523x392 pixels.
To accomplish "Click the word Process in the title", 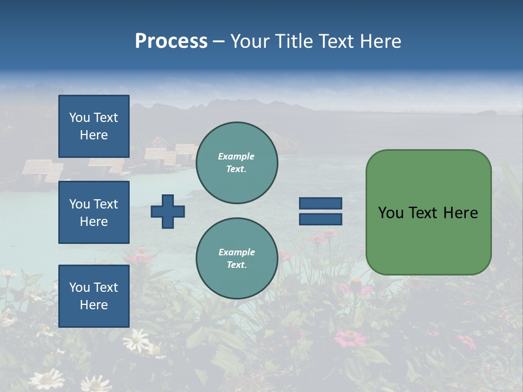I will pyautogui.click(x=171, y=41).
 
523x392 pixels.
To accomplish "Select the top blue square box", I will pyautogui.click(x=94, y=126).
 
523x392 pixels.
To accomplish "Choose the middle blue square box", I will pyautogui.click(x=94, y=212).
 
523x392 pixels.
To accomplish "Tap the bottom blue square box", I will pyautogui.click(x=94, y=296).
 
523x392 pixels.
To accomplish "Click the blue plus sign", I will pyautogui.click(x=168, y=211).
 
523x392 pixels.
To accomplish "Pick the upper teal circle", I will pyautogui.click(x=236, y=162).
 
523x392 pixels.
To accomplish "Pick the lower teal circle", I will pyautogui.click(x=236, y=258).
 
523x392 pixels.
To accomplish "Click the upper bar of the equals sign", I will pyautogui.click(x=320, y=204).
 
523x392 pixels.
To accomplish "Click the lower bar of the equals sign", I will pyautogui.click(x=320, y=219).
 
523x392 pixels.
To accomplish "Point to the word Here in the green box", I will pyautogui.click(x=461, y=213).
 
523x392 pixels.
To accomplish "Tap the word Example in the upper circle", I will pyautogui.click(x=236, y=156).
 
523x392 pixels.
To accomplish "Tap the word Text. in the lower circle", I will pyautogui.click(x=236, y=265).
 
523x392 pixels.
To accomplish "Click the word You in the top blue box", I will pyautogui.click(x=80, y=118).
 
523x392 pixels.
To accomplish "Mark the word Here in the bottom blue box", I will pyautogui.click(x=94, y=305).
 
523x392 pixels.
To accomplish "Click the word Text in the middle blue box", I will pyautogui.click(x=106, y=204).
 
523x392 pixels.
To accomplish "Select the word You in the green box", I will pyautogui.click(x=391, y=213).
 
